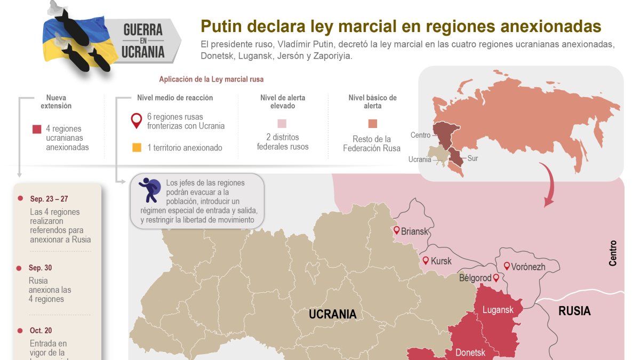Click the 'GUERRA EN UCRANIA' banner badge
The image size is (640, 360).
tap(143, 41)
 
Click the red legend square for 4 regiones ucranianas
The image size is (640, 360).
tap(37, 129)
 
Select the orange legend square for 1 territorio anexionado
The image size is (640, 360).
tap(137, 148)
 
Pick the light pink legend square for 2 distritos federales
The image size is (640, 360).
tap(282, 124)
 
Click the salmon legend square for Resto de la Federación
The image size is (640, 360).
tap(372, 124)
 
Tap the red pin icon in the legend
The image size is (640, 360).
tap(137, 121)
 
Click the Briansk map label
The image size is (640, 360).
tap(414, 231)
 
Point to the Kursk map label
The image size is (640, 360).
tap(441, 261)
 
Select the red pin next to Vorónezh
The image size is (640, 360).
tap(507, 266)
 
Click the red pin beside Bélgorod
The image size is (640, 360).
tap(496, 278)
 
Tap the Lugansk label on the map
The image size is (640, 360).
tap(498, 310)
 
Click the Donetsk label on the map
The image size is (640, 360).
tap(470, 353)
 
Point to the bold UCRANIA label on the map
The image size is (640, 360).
tap(332, 314)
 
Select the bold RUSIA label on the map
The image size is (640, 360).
tap(574, 311)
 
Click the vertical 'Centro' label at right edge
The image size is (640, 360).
tap(613, 253)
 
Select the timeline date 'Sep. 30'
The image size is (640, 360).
tap(41, 268)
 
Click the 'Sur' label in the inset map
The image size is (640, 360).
tap(473, 158)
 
